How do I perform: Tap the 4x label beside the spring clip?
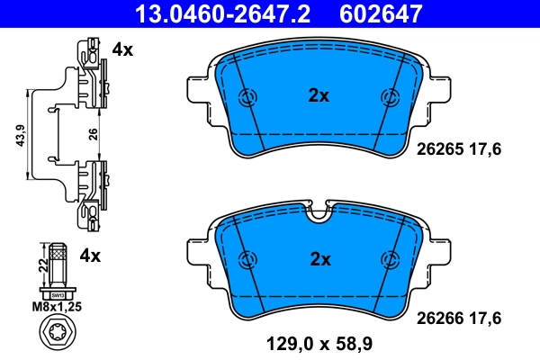tap(121, 50)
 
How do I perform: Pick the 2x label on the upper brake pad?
tap(319, 94)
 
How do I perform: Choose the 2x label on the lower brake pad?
tap(319, 259)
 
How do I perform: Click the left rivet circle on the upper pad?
tap(245, 99)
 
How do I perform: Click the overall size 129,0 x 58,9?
tap(319, 342)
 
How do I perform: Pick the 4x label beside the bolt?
tap(90, 256)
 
